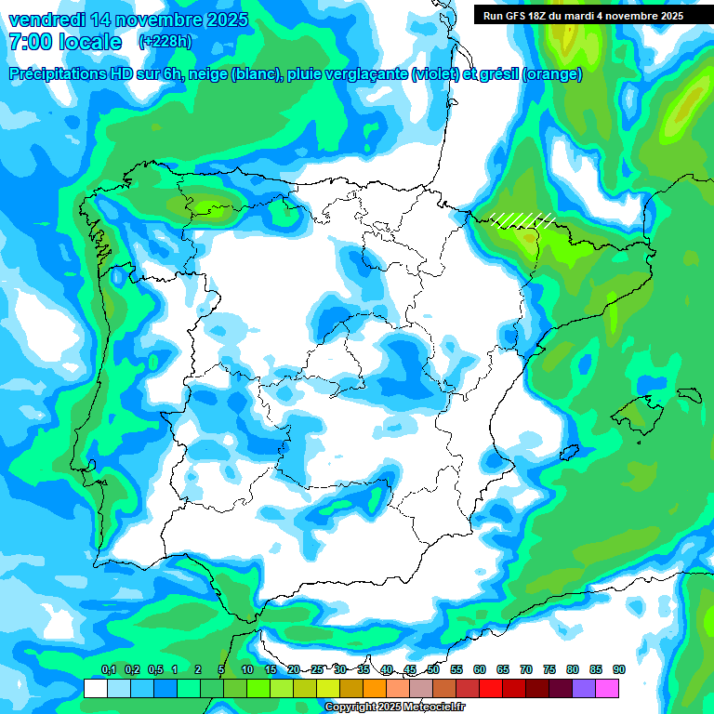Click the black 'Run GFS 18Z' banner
(x=583, y=15)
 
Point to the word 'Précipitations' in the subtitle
(x=66, y=74)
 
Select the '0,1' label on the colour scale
(x=108, y=670)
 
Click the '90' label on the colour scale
(x=619, y=670)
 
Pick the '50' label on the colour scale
(x=433, y=670)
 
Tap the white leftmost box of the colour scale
(x=95, y=688)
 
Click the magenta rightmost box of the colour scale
(x=607, y=688)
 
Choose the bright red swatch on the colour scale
(x=491, y=688)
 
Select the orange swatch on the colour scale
(x=375, y=688)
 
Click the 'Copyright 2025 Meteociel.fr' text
(x=408, y=707)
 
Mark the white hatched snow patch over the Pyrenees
(x=522, y=219)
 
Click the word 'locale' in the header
(x=89, y=42)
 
